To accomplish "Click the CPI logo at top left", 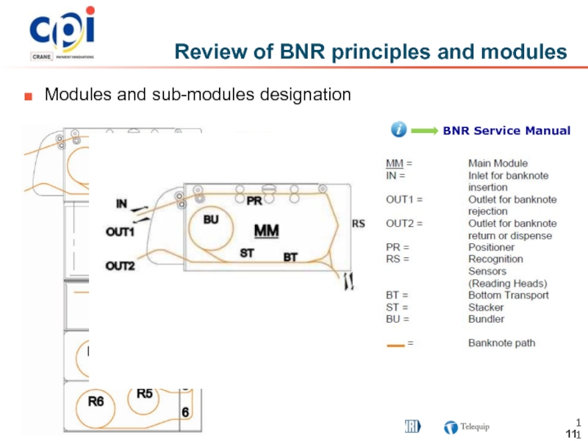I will point(62,33).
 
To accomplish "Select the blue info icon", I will point(398,130).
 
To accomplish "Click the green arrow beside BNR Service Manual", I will point(423,131).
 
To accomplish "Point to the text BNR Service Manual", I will point(506,131).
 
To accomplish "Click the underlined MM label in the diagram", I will point(266,231).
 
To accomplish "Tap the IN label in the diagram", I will point(123,202).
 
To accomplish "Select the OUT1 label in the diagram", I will point(121,232).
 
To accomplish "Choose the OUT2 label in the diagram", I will point(121,265).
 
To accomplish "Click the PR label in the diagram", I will point(254,200).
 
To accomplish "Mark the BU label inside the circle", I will point(211,219).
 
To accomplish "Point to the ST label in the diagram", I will point(248,252).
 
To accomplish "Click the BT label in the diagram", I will point(291,258).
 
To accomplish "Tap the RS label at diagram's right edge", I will point(359,223).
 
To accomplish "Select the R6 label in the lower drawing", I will point(96,402).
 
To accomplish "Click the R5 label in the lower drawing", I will point(145,393).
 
